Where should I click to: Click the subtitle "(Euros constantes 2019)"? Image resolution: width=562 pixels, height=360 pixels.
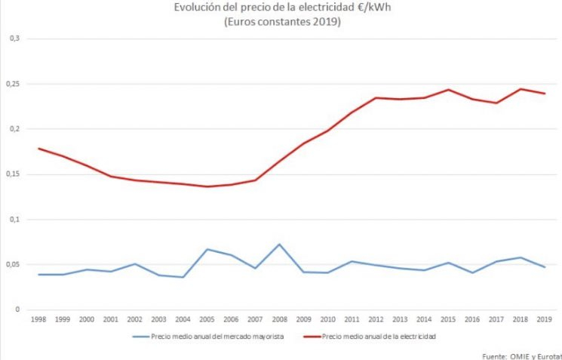280,22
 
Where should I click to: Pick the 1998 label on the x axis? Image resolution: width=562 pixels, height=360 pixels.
38,320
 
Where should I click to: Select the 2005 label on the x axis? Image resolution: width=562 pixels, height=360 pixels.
207,320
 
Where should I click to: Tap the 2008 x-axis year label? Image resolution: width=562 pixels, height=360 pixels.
279,320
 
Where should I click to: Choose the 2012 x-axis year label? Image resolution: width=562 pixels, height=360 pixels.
376,320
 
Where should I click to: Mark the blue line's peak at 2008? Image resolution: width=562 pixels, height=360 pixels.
279,244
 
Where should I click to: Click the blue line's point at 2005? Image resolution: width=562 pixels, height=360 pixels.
207,249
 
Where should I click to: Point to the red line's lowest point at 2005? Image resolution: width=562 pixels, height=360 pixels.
207,186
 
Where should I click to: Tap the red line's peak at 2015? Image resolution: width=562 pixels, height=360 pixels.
448,89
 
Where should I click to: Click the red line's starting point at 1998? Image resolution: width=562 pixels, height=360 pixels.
38,148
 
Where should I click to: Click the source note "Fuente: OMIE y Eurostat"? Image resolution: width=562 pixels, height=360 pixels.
521,355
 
